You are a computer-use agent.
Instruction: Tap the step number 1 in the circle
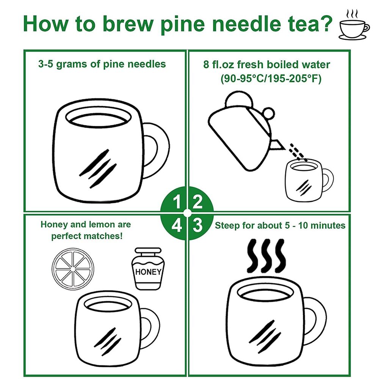coord(177,202)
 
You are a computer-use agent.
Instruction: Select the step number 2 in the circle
coord(197,202)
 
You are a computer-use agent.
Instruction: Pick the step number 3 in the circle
coord(197,225)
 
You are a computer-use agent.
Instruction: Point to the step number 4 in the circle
coord(177,225)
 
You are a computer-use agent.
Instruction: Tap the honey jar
coord(148,269)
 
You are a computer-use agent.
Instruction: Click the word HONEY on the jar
coord(148,272)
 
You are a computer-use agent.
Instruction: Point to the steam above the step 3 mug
coord(266,256)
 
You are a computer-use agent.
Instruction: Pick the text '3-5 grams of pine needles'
coord(102,64)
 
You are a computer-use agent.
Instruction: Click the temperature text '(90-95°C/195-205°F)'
coord(271,79)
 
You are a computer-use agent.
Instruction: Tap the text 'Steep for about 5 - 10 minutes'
coord(280,226)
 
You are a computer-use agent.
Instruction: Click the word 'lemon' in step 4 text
coord(102,224)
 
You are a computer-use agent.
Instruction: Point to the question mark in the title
coord(324,23)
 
